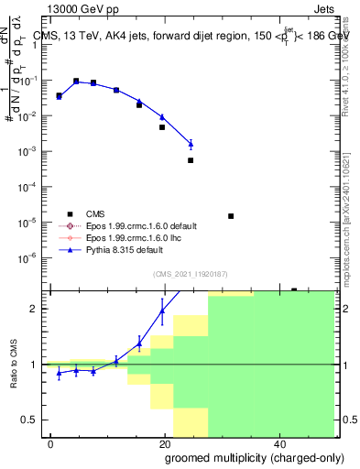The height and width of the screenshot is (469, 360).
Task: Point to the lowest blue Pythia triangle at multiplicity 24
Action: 191,144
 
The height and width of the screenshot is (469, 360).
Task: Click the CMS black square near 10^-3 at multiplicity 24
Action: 191,160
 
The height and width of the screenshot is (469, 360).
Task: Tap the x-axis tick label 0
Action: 51,443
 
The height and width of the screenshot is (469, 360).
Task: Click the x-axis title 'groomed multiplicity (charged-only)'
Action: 241,458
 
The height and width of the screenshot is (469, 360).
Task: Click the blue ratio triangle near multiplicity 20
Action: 162,310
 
